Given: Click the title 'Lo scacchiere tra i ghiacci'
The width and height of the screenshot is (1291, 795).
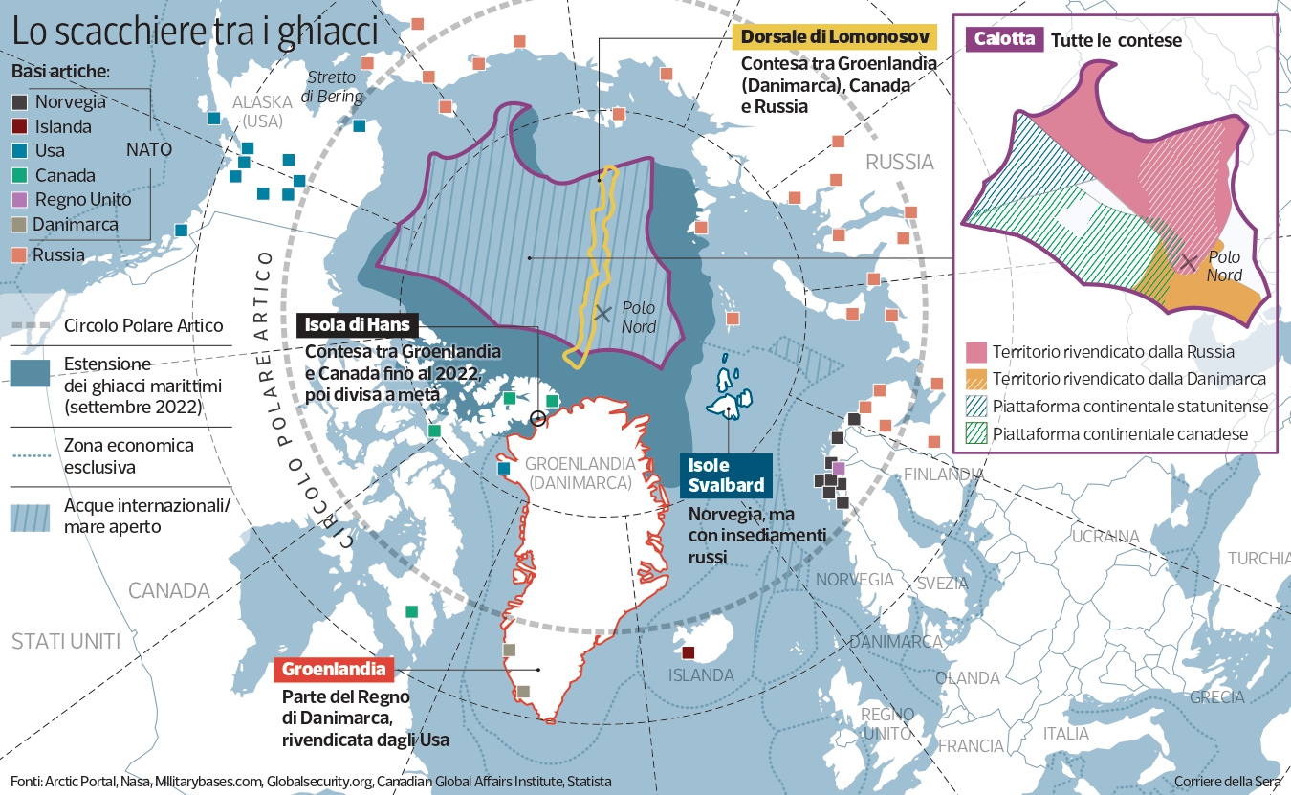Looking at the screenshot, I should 194,31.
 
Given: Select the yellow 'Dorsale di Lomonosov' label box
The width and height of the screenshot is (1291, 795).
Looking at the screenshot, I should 833,37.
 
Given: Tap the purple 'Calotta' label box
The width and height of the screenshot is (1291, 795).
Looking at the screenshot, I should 1003,39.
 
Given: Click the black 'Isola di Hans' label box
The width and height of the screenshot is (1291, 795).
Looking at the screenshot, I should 358,325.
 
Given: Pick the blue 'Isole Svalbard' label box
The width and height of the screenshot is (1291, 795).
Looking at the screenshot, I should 727,475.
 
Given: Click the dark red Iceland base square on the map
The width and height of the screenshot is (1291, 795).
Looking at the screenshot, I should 688,653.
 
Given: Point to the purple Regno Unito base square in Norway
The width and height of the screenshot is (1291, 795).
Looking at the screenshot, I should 839,468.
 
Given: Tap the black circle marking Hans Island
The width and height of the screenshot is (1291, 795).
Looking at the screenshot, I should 537,418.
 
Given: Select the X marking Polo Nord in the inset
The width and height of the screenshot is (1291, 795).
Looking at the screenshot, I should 1188,261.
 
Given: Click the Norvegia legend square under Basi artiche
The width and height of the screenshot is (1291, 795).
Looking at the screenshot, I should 20,101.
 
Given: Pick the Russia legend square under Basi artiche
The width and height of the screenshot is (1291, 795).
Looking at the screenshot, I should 20,254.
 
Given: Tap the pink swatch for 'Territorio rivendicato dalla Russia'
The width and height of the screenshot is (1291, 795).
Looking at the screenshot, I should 975,351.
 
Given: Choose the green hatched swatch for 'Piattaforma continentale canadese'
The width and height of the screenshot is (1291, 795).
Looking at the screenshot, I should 975,433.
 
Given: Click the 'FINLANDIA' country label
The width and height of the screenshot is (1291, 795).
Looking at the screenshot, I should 943,474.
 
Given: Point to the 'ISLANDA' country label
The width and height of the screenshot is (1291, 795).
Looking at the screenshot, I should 701,675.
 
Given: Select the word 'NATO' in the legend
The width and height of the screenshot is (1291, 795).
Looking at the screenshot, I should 148,150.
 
